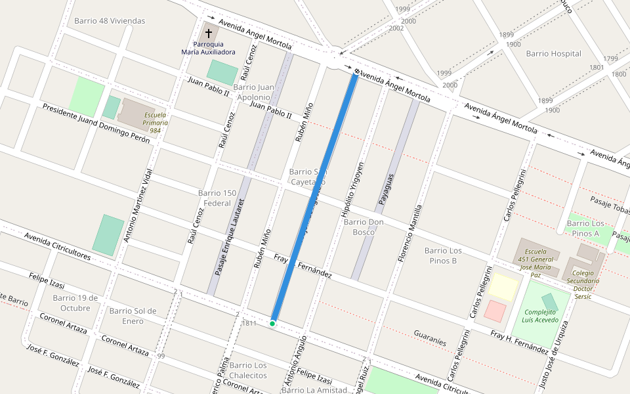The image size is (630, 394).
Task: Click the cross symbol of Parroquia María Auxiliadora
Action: [x=209, y=33]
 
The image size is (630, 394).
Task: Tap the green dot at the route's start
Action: [x=272, y=323]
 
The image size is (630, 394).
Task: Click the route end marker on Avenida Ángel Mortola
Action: [x=357, y=71]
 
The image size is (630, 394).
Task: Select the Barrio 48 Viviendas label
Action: [x=110, y=21]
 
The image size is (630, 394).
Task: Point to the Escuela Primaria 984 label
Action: [x=155, y=122]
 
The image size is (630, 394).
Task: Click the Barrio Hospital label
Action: [x=553, y=54]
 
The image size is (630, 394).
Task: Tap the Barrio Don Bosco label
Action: [x=364, y=227]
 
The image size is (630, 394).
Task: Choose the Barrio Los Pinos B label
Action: [x=443, y=255]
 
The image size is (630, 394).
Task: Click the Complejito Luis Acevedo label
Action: [x=541, y=317]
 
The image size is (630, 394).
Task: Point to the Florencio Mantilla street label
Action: [x=409, y=234]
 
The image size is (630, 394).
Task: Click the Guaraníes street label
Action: [x=430, y=338]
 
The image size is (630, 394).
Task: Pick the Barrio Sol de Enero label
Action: [x=133, y=316]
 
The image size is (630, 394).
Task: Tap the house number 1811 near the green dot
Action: [x=249, y=324]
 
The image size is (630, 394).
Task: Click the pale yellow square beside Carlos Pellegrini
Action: [x=503, y=287]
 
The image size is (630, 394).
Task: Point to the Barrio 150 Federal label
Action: [x=217, y=198]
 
